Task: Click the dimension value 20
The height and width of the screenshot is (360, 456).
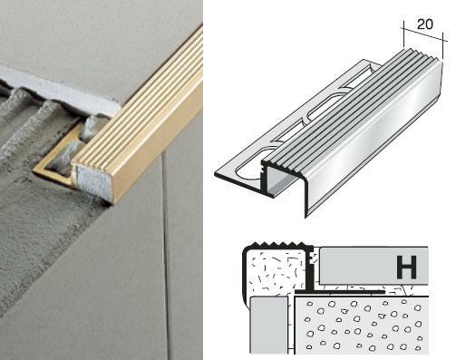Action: coord(425,24)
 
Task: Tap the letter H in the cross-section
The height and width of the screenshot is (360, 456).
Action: coord(407,267)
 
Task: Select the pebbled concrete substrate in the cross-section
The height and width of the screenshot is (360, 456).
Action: coord(362,326)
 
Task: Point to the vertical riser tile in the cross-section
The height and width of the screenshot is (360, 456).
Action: coord(268,326)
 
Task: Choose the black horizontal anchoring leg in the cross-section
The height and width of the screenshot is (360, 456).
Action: coord(340,292)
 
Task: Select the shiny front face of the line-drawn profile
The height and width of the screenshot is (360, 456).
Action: coord(374,136)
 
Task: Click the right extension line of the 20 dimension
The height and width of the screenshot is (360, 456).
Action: coord(442,44)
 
